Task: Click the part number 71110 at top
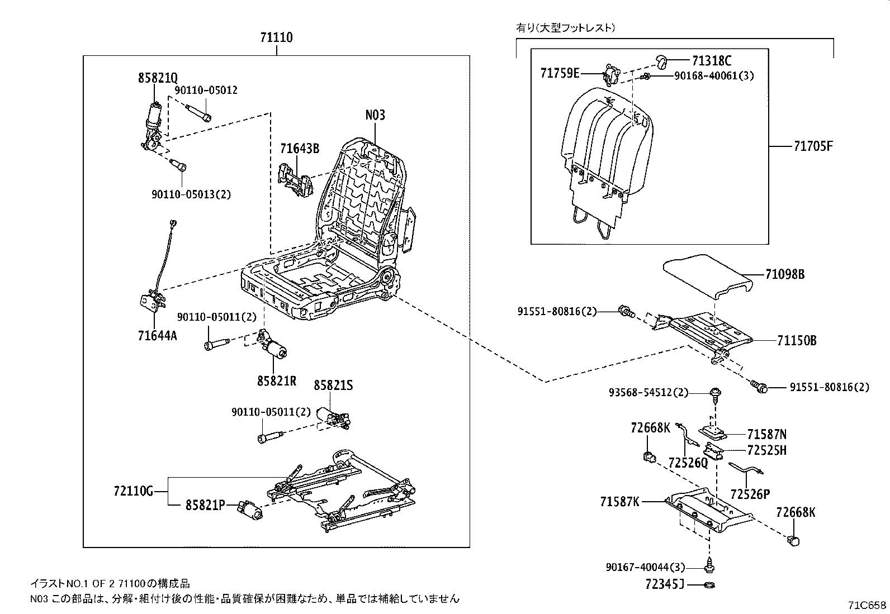click(x=276, y=38)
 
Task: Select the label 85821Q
click(x=158, y=78)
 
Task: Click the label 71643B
click(x=300, y=149)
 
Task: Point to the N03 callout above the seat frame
click(x=375, y=115)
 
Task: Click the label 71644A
click(x=157, y=336)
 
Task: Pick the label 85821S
click(x=333, y=385)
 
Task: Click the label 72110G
click(x=133, y=492)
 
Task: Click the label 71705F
click(x=813, y=146)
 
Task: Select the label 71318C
click(x=711, y=61)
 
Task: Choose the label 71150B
click(x=796, y=340)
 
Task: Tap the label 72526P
click(x=750, y=494)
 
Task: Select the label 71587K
click(x=619, y=502)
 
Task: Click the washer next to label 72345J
click(x=709, y=585)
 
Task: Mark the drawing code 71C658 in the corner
click(x=867, y=605)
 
